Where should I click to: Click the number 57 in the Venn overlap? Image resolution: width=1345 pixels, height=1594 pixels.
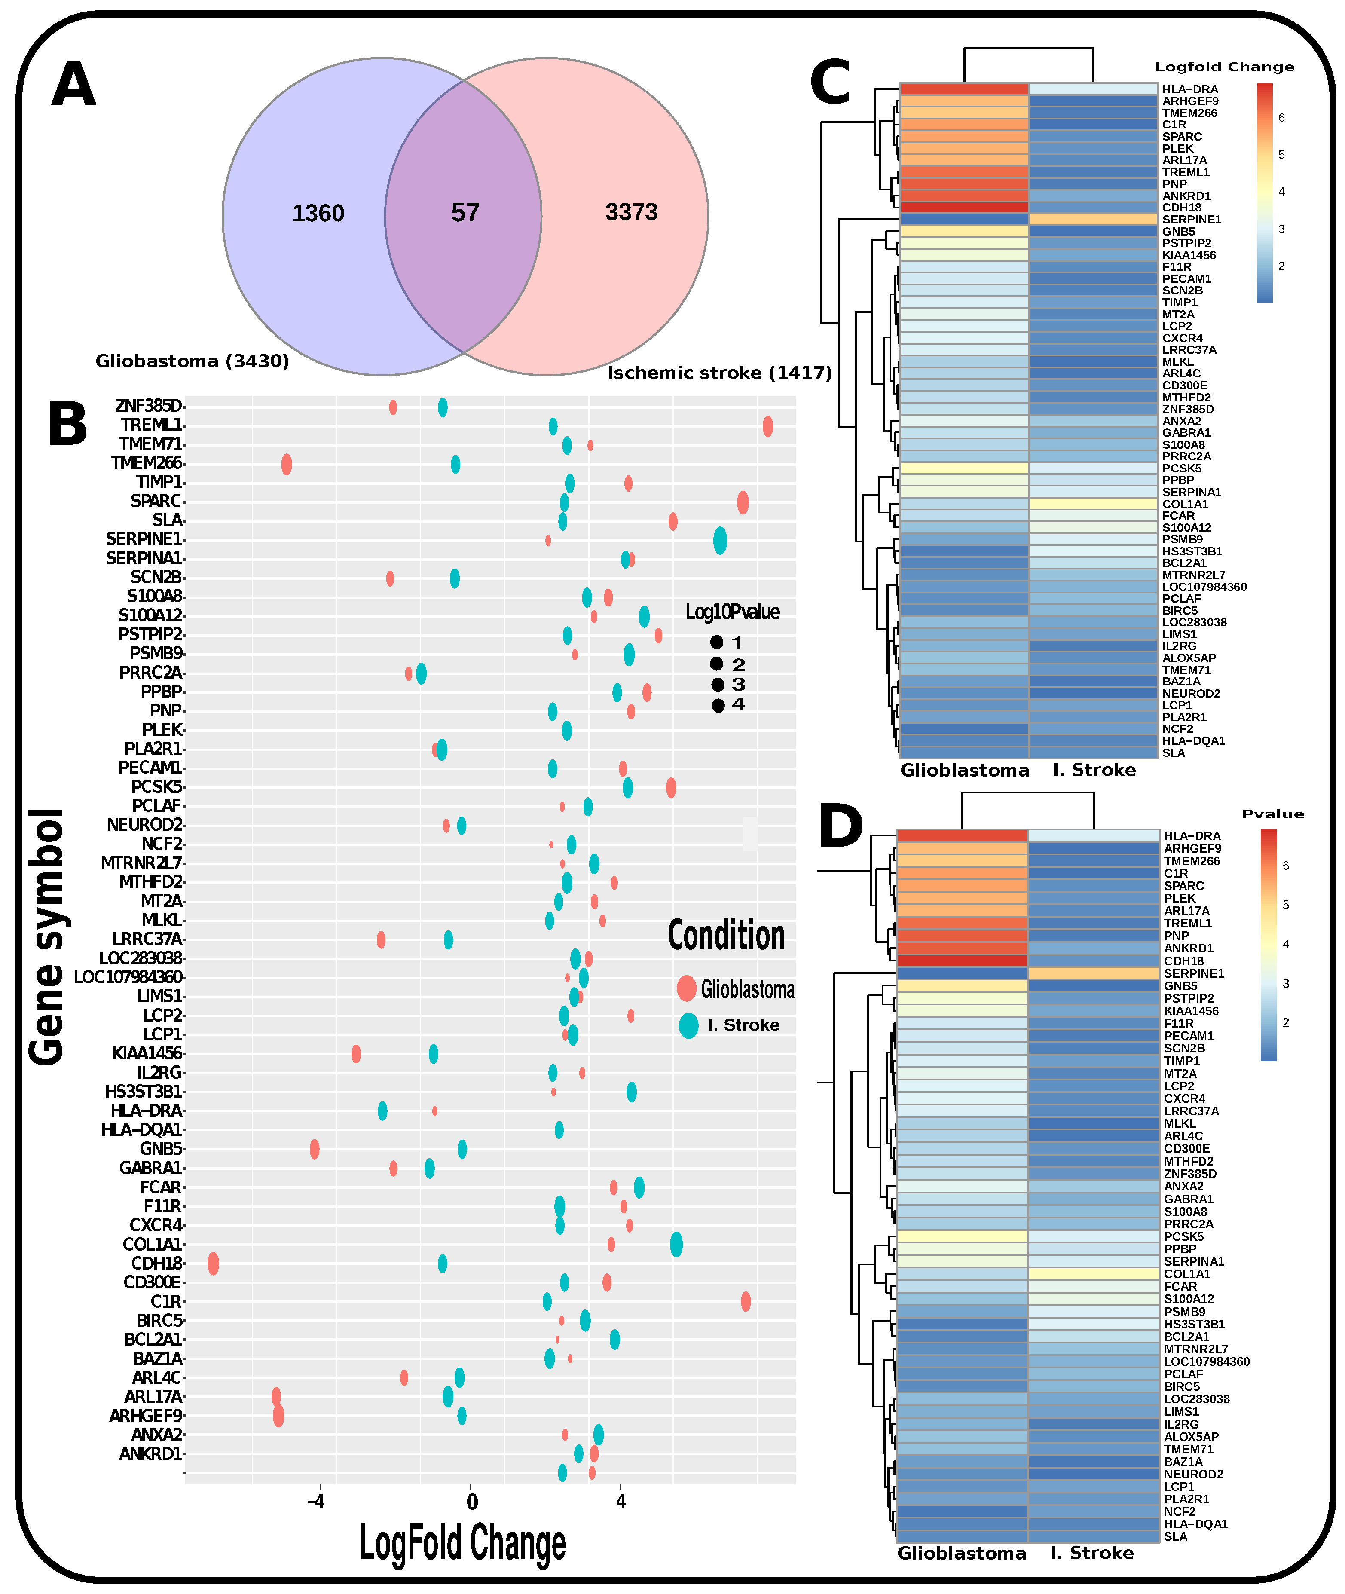465,213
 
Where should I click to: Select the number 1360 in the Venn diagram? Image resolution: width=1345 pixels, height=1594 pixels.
318,214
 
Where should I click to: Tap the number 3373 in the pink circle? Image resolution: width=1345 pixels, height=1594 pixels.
631,212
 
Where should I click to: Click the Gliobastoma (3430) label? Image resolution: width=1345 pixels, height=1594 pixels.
192,361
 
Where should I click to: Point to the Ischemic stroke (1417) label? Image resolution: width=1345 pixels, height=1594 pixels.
719,373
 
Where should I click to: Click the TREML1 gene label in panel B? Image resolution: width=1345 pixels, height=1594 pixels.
151,425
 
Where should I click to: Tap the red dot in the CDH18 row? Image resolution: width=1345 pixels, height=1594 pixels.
214,1263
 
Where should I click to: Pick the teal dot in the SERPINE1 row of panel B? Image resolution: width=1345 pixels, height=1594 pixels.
720,541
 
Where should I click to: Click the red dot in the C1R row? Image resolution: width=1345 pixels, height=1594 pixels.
746,1301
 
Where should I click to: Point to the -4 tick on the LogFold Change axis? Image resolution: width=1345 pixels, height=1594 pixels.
316,1502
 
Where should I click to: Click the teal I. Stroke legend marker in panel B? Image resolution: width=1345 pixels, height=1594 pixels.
688,1025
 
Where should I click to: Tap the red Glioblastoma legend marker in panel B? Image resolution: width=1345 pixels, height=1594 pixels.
686,988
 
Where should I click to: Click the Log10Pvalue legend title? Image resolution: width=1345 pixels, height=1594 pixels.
732,612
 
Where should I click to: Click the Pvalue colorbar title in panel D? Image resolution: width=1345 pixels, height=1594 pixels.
1272,814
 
